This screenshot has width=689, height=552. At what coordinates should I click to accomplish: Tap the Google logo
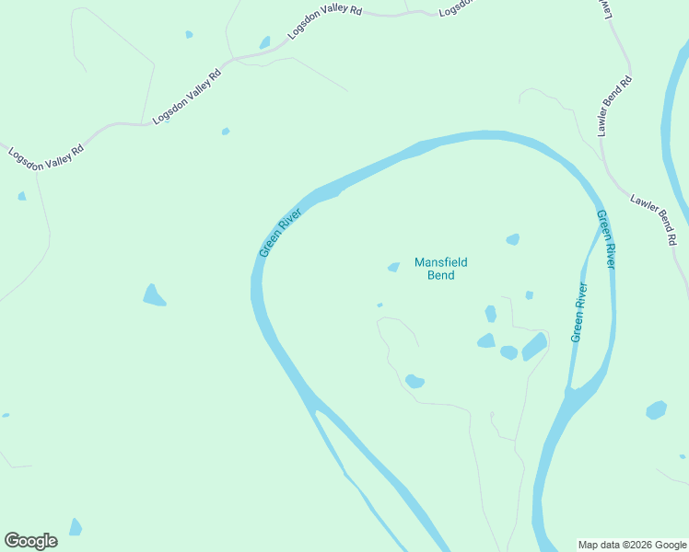30,541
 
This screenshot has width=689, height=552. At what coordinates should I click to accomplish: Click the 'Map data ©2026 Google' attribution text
633,545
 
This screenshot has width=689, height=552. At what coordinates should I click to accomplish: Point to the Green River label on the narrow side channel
579,313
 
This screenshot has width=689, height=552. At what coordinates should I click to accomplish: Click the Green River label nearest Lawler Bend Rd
604,239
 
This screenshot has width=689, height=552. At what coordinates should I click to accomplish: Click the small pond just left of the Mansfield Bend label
393,268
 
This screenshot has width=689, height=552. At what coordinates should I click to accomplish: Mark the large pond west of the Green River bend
154,295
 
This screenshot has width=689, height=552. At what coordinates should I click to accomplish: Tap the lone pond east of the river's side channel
656,409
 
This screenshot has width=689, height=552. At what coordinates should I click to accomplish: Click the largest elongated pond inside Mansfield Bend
534,346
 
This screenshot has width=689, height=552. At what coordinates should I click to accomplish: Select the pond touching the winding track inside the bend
415,381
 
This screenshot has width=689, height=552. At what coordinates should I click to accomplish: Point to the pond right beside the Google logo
76,527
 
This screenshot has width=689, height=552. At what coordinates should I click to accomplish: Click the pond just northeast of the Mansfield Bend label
512,239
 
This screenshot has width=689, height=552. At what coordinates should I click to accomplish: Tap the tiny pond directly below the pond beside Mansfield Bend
380,305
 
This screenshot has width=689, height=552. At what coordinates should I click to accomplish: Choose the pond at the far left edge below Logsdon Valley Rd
21,196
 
